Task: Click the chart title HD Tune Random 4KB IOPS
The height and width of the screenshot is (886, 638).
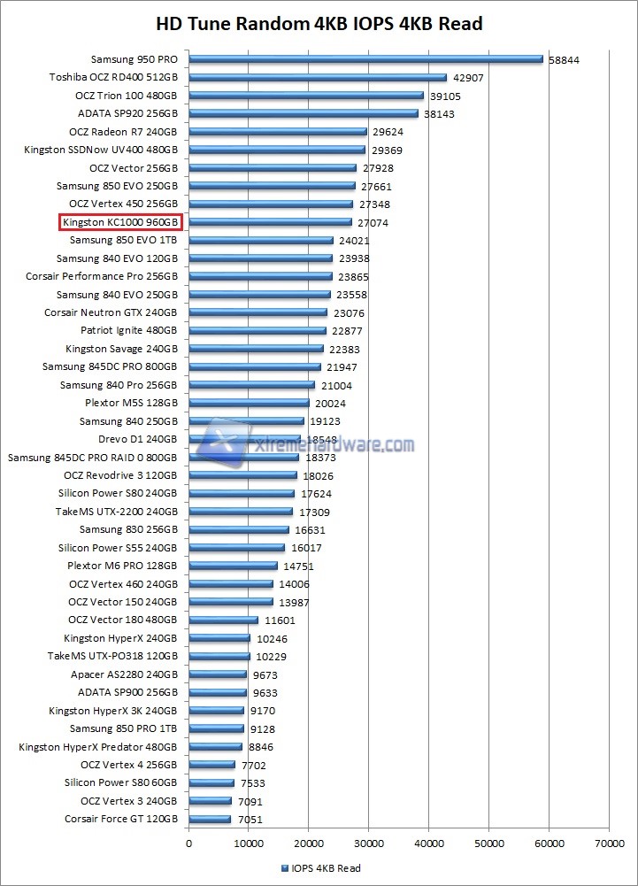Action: [319, 23]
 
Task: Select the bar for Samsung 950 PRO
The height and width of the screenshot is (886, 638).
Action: [365, 59]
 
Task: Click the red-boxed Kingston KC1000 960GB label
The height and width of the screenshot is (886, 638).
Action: [120, 222]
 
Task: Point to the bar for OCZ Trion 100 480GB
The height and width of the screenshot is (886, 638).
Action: [306, 96]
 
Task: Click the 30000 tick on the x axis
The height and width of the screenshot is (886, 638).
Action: [369, 844]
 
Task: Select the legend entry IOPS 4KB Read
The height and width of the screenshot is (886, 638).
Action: [320, 868]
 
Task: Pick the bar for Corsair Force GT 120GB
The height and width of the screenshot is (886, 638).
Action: [210, 820]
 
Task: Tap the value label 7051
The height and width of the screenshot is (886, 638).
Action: [249, 820]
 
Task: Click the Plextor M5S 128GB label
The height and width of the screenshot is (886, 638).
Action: [131, 403]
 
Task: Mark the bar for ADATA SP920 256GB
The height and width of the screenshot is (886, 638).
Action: [304, 113]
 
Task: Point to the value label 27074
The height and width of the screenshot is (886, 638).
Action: [373, 223]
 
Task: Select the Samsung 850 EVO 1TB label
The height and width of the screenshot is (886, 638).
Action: [123, 240]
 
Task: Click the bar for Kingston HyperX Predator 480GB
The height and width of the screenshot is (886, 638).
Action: [215, 747]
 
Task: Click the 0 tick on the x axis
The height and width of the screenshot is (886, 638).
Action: [188, 844]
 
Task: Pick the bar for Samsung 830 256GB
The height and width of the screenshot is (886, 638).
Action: [239, 530]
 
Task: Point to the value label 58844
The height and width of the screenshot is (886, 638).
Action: [564, 59]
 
